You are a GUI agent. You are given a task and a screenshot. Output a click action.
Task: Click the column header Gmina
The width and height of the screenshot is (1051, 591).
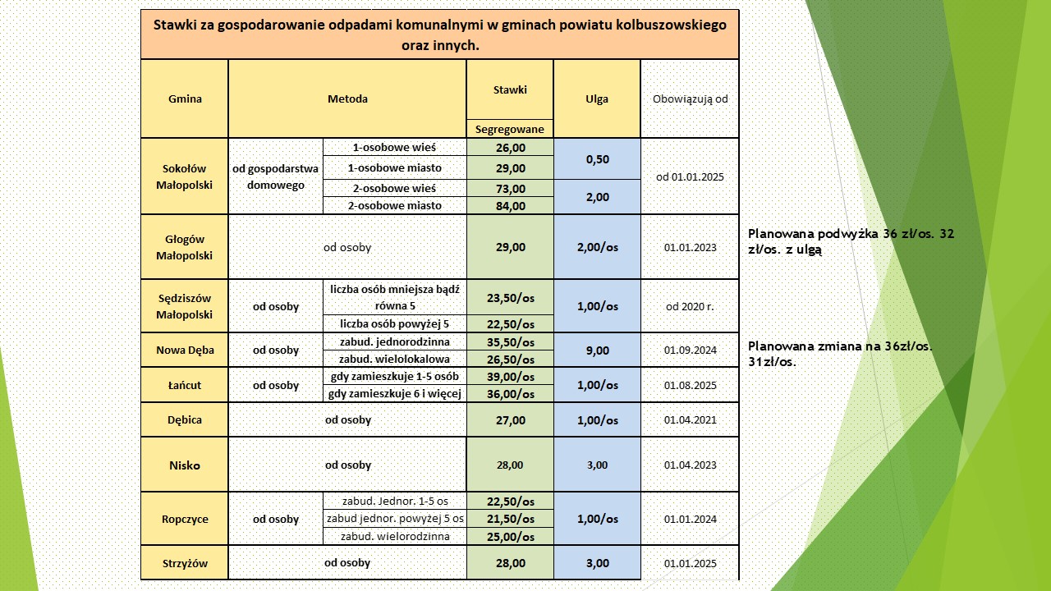(185, 99)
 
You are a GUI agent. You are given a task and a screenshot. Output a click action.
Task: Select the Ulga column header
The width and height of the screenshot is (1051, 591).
(597, 99)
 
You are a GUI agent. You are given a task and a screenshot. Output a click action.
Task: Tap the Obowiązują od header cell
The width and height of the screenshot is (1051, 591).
(690, 99)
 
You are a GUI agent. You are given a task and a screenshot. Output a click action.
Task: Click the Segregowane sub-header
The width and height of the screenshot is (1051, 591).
(510, 129)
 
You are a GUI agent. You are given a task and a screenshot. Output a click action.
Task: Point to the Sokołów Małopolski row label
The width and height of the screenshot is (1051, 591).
(185, 176)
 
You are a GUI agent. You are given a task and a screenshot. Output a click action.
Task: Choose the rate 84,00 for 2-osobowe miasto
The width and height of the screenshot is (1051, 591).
(510, 206)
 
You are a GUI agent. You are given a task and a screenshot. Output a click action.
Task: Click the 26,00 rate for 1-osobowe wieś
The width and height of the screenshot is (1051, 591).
(510, 148)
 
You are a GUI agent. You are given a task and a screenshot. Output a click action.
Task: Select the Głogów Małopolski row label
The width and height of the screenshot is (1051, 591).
(185, 247)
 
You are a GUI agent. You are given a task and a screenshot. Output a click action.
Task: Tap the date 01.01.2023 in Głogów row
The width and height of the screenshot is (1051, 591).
(690, 247)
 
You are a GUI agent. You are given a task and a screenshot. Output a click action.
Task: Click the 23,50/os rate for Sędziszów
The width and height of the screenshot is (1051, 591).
(510, 298)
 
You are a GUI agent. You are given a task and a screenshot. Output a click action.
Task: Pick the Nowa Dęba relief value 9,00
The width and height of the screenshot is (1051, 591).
(597, 350)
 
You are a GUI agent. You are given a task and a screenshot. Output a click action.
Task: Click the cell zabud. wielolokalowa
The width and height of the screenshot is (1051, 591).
(395, 359)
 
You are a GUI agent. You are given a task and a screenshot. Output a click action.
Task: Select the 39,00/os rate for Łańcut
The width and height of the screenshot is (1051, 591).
(510, 377)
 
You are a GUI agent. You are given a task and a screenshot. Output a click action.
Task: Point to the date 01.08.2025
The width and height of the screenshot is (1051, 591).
(690, 385)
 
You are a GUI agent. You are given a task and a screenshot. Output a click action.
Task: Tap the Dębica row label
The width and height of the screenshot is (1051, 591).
(185, 419)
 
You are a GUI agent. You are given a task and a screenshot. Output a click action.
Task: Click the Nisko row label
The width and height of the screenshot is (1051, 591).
(185, 465)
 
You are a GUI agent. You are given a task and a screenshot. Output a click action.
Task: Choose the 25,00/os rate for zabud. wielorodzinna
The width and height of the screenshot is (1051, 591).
(510, 537)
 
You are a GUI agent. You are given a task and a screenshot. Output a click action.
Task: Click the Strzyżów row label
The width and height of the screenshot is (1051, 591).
(185, 563)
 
